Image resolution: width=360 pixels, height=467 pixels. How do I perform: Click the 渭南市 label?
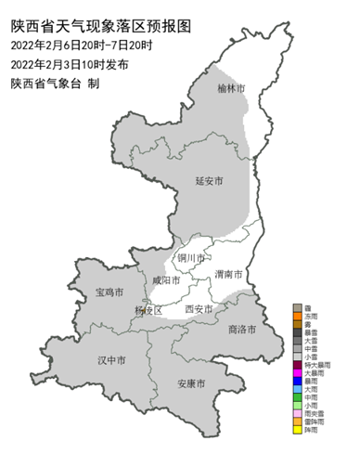click(228, 275)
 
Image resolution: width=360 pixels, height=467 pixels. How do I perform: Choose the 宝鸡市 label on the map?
click(110, 292)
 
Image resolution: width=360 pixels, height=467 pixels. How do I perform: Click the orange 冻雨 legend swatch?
click(297, 318)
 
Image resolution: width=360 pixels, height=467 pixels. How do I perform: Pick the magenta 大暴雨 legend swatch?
click(297, 372)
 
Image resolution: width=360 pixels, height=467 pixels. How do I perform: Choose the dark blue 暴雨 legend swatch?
click(297, 382)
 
